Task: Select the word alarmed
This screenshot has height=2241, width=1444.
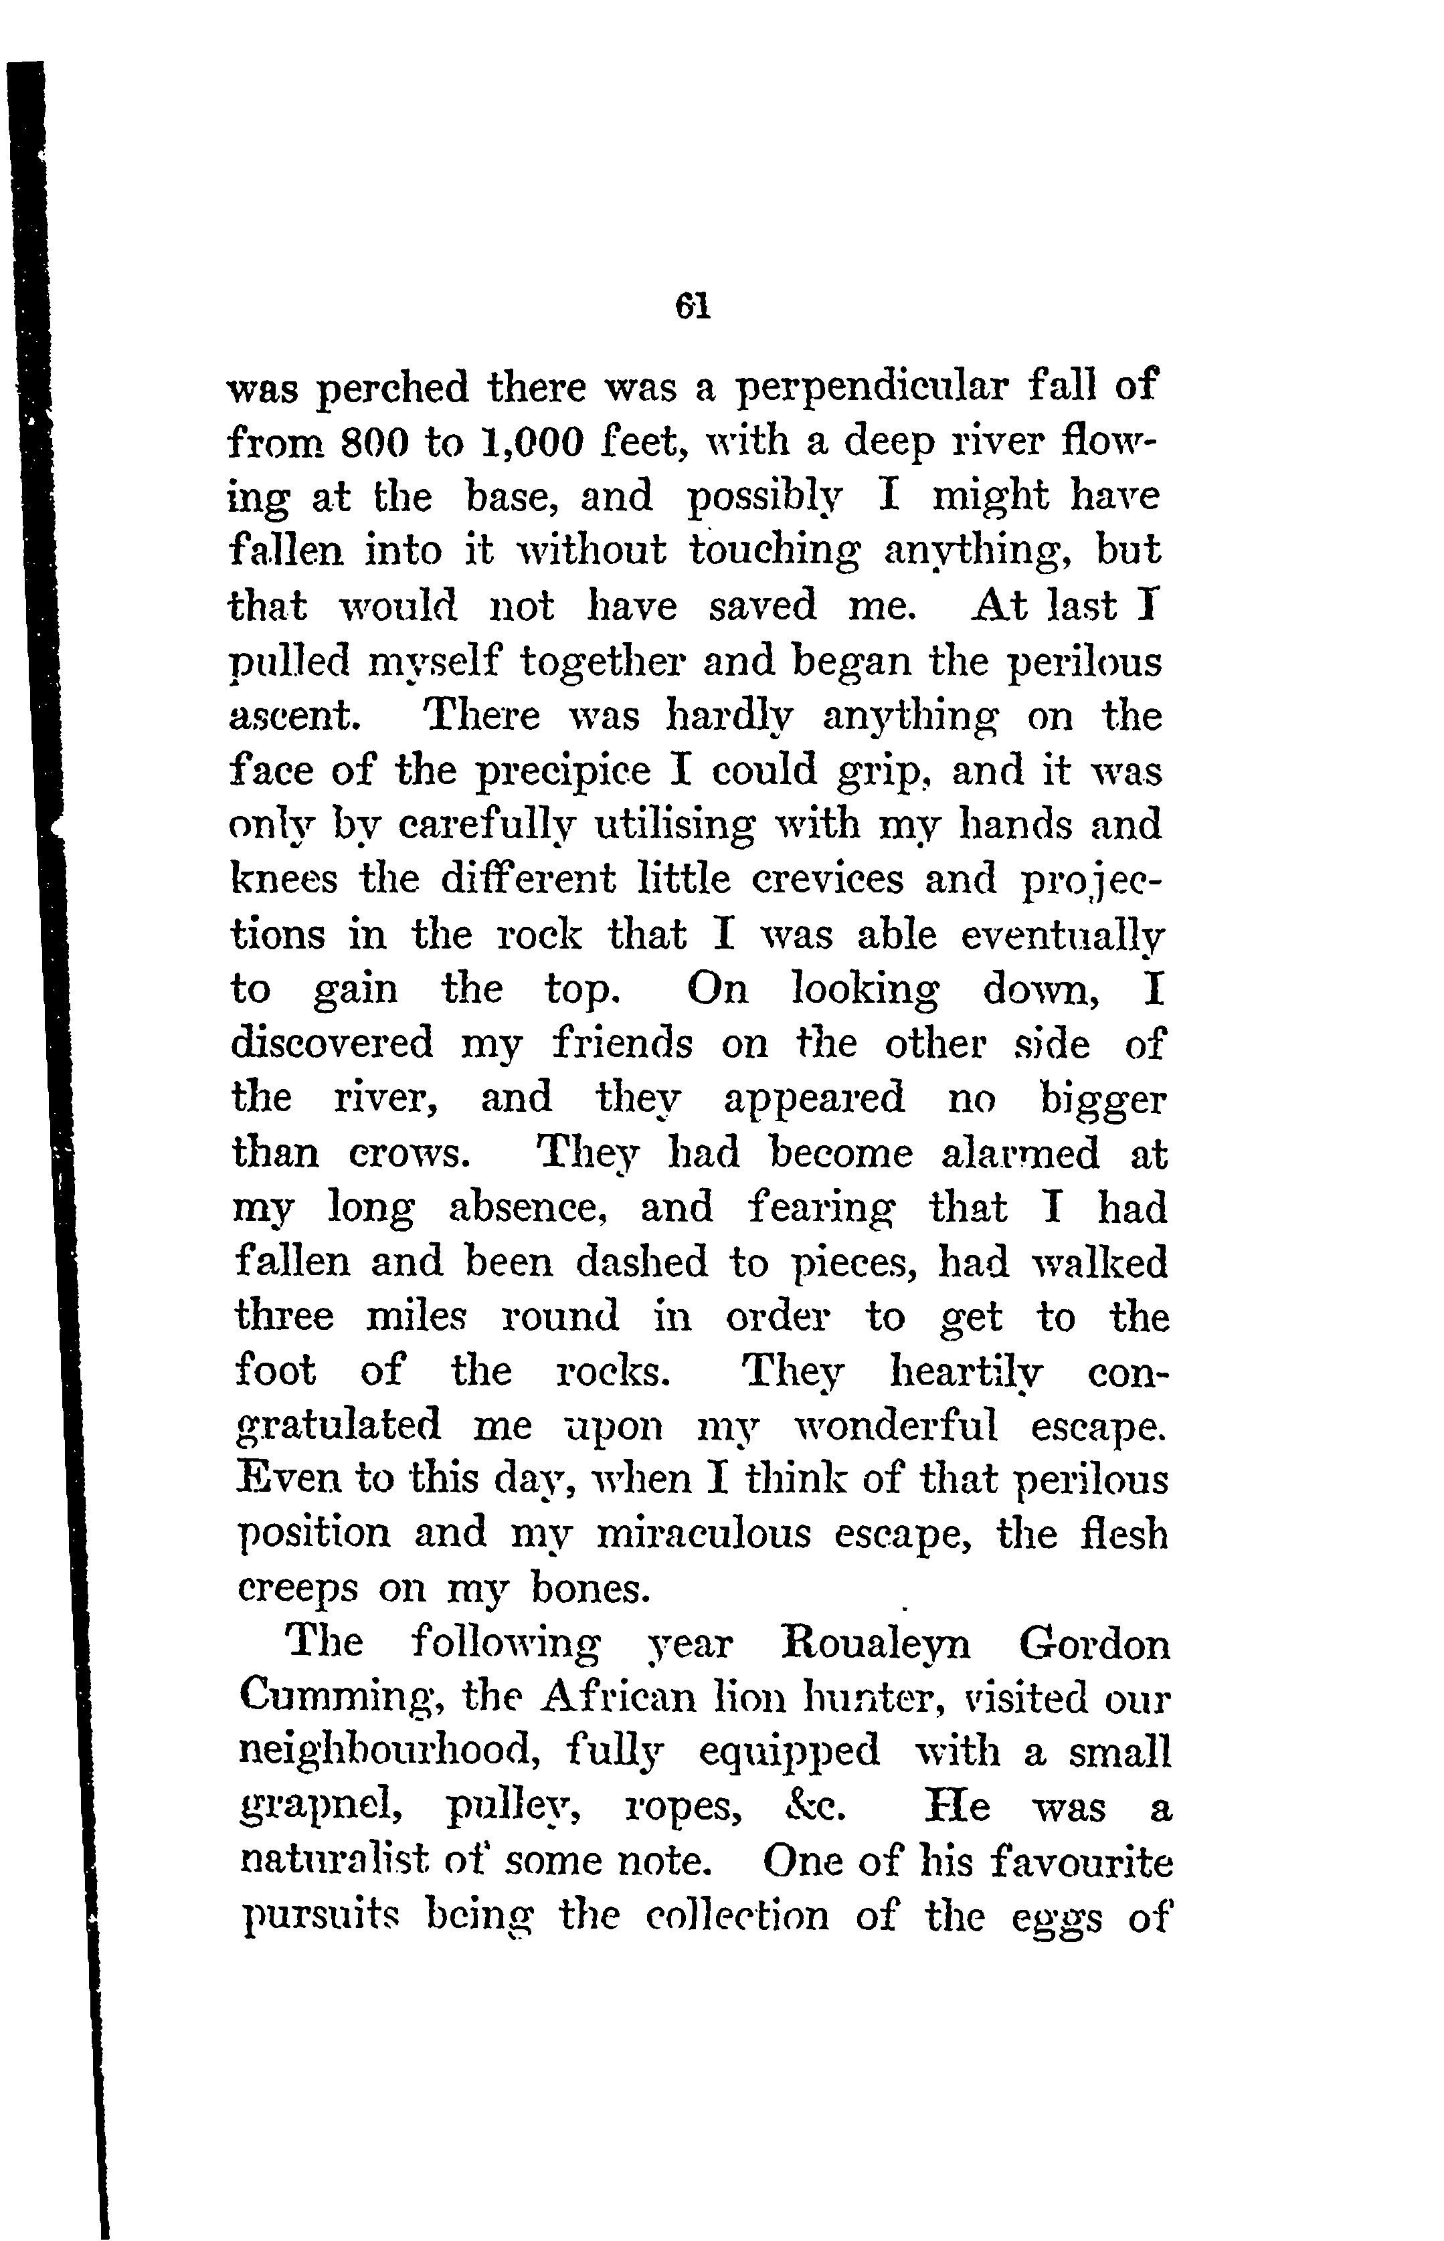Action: [x=1020, y=1153]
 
